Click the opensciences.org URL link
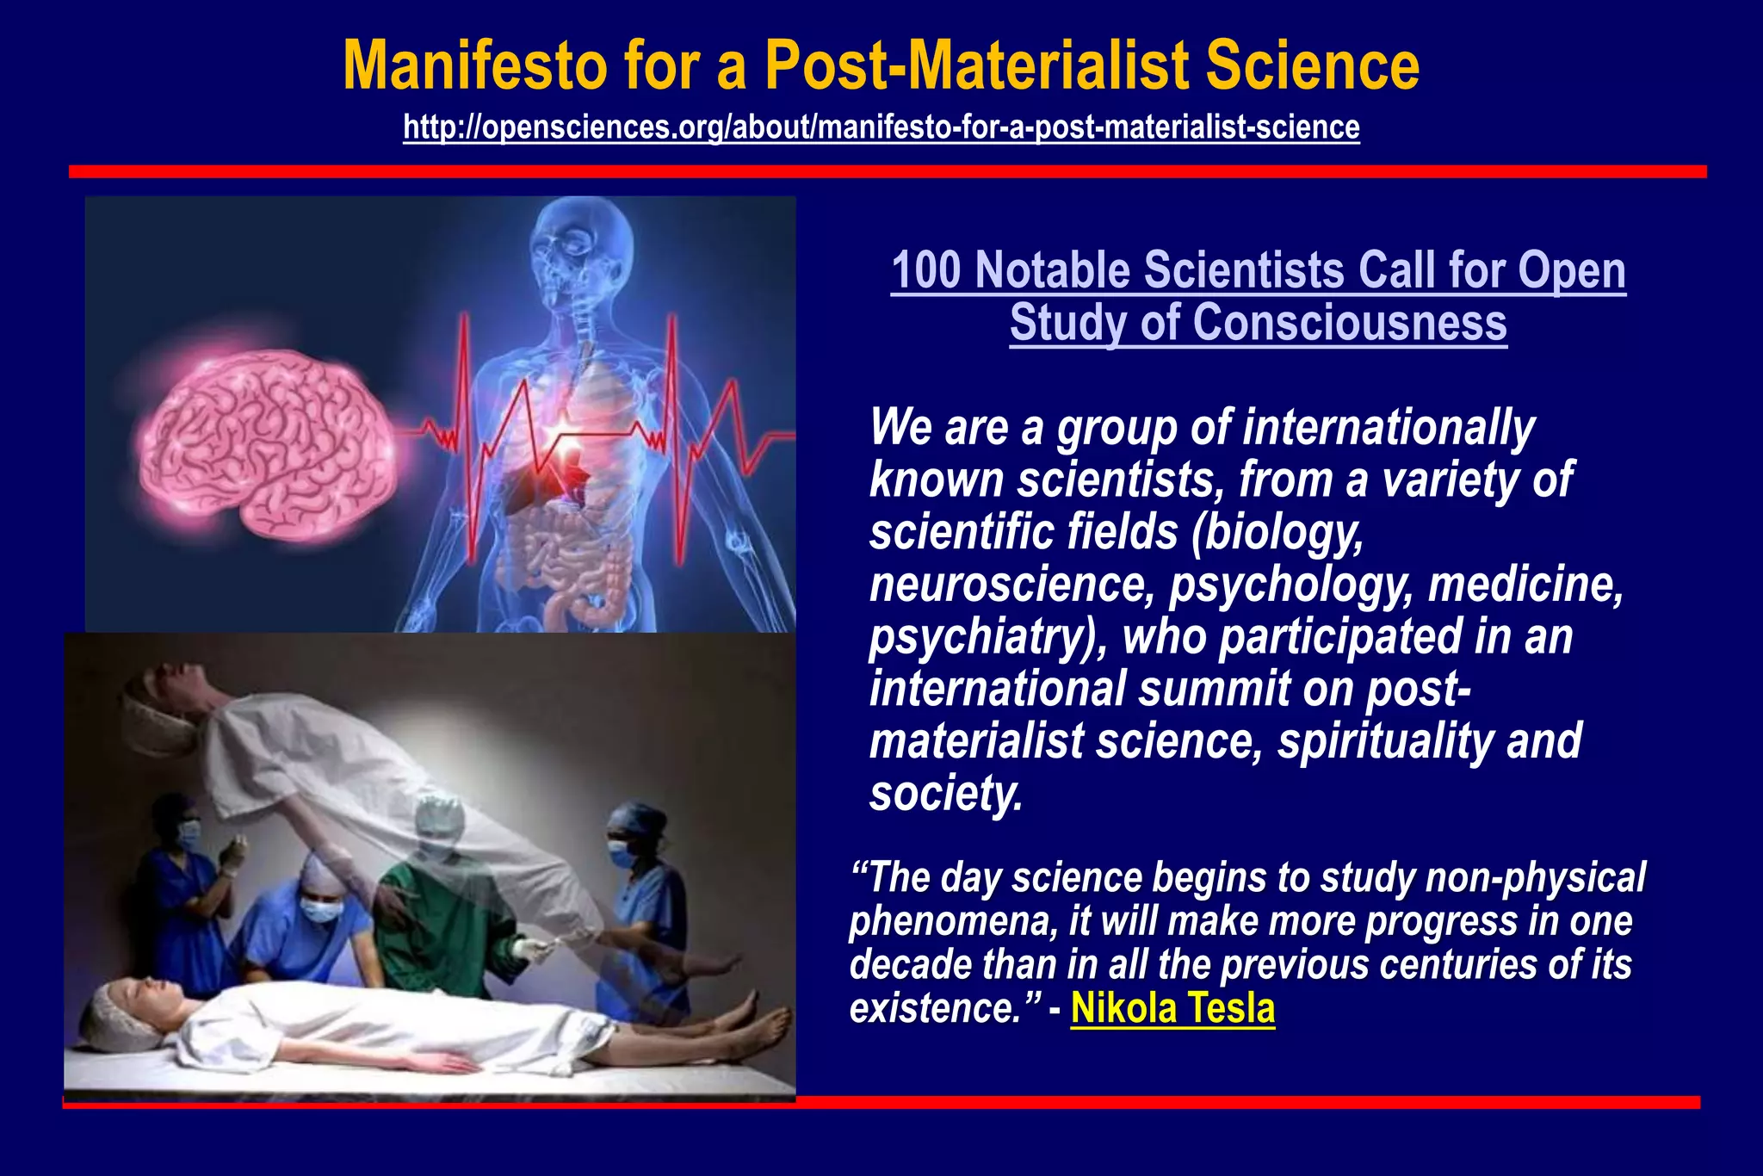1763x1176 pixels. pos(881,127)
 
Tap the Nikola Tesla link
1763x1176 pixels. pos(1172,1008)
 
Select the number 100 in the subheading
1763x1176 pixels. pos(925,270)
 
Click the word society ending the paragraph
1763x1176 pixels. pos(944,794)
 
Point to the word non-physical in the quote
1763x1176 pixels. pos(1535,878)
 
